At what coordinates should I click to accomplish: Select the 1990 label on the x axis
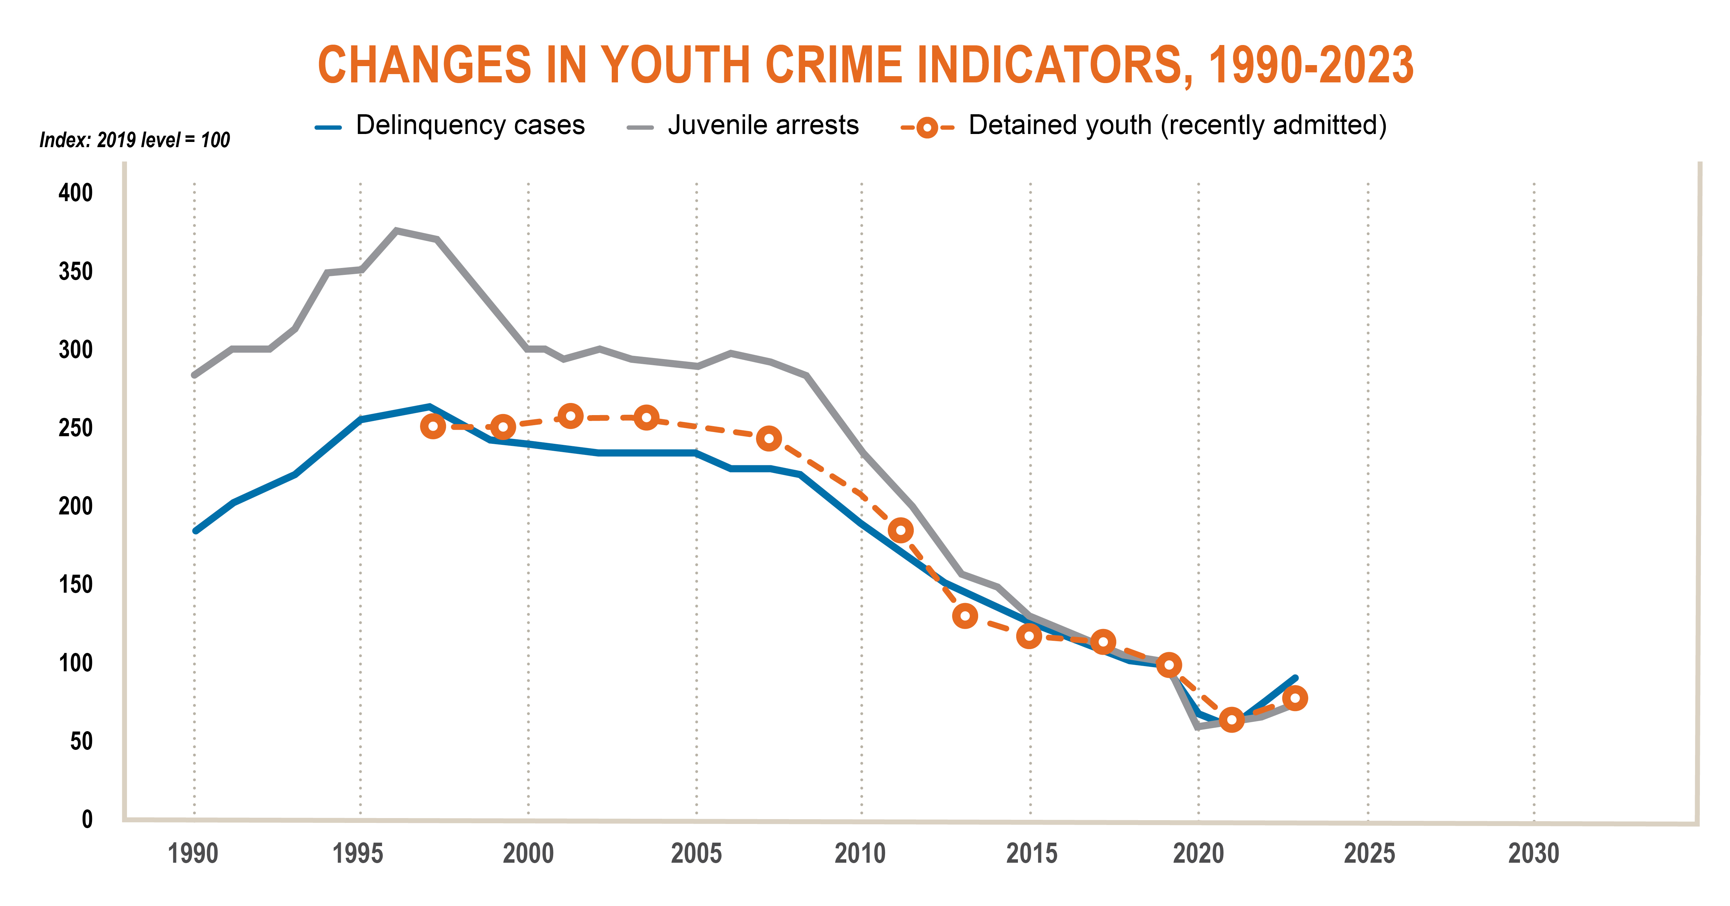[193, 854]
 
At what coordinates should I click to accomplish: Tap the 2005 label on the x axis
[696, 854]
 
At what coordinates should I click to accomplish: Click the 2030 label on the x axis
[1534, 854]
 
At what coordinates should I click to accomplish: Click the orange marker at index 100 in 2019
[1169, 665]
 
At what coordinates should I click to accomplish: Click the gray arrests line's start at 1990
[195, 375]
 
